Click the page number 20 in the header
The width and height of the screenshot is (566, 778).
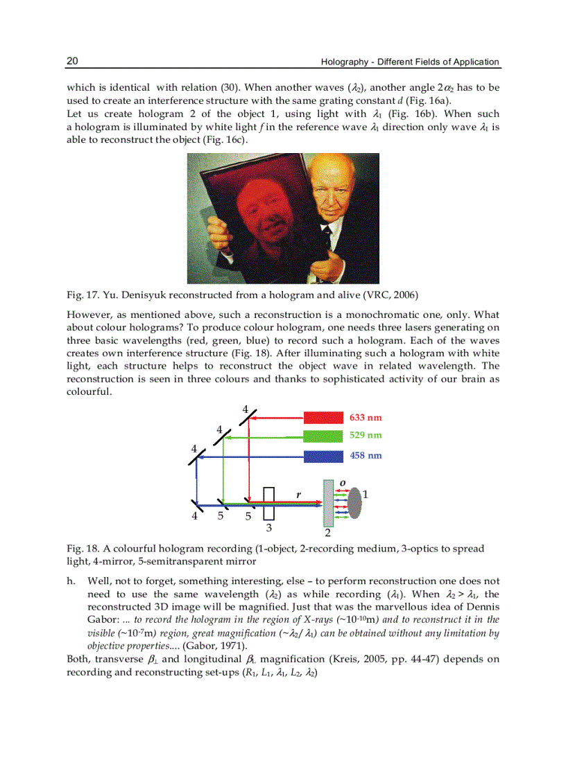[72, 61]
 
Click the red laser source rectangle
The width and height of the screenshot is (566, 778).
[323, 418]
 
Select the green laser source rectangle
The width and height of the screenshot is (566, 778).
[323, 436]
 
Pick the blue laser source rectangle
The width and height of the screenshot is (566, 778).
[323, 456]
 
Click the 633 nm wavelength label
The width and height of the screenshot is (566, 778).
[366, 418]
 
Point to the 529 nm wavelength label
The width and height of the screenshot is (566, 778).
[366, 436]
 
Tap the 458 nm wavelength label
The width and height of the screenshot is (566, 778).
[366, 456]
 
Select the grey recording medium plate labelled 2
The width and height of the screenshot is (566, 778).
[329, 504]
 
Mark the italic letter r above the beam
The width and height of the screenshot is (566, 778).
[298, 495]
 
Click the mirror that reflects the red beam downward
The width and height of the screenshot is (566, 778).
[250, 417]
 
